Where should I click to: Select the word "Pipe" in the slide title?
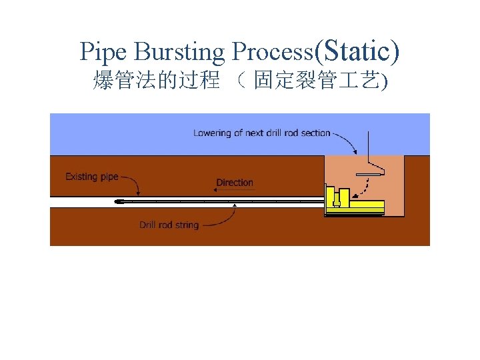pyautogui.click(x=102, y=51)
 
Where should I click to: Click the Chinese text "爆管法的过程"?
pyautogui.click(x=157, y=81)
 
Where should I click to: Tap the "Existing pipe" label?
pyautogui.click(x=92, y=177)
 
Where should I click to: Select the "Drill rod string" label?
pyautogui.click(x=169, y=225)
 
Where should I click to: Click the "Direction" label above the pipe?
pyautogui.click(x=235, y=182)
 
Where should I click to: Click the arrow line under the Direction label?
pyautogui.click(x=235, y=189)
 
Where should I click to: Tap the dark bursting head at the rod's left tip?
pyautogui.click(x=119, y=201)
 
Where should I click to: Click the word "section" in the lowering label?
pyautogui.click(x=315, y=133)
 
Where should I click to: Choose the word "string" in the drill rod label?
pyautogui.click(x=187, y=225)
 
